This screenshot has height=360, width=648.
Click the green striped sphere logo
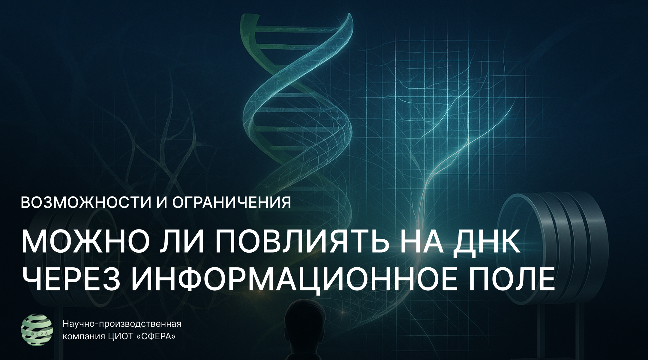[x=37, y=329]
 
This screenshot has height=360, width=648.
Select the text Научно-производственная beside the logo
[x=122, y=325]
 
